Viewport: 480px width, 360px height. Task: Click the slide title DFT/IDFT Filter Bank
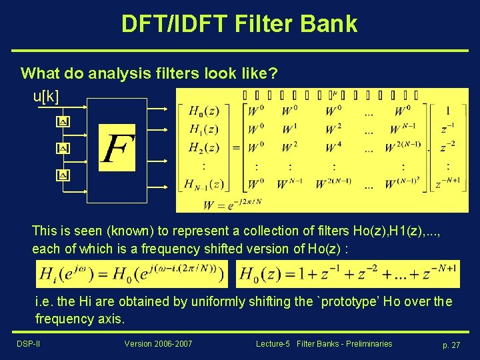click(x=239, y=23)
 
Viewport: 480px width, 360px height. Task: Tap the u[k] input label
click(x=46, y=97)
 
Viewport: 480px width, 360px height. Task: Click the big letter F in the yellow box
click(x=117, y=147)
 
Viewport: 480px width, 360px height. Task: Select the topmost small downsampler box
click(x=62, y=122)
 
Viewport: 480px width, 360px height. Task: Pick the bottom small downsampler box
click(x=62, y=175)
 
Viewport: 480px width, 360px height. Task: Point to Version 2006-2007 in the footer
click(x=158, y=344)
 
